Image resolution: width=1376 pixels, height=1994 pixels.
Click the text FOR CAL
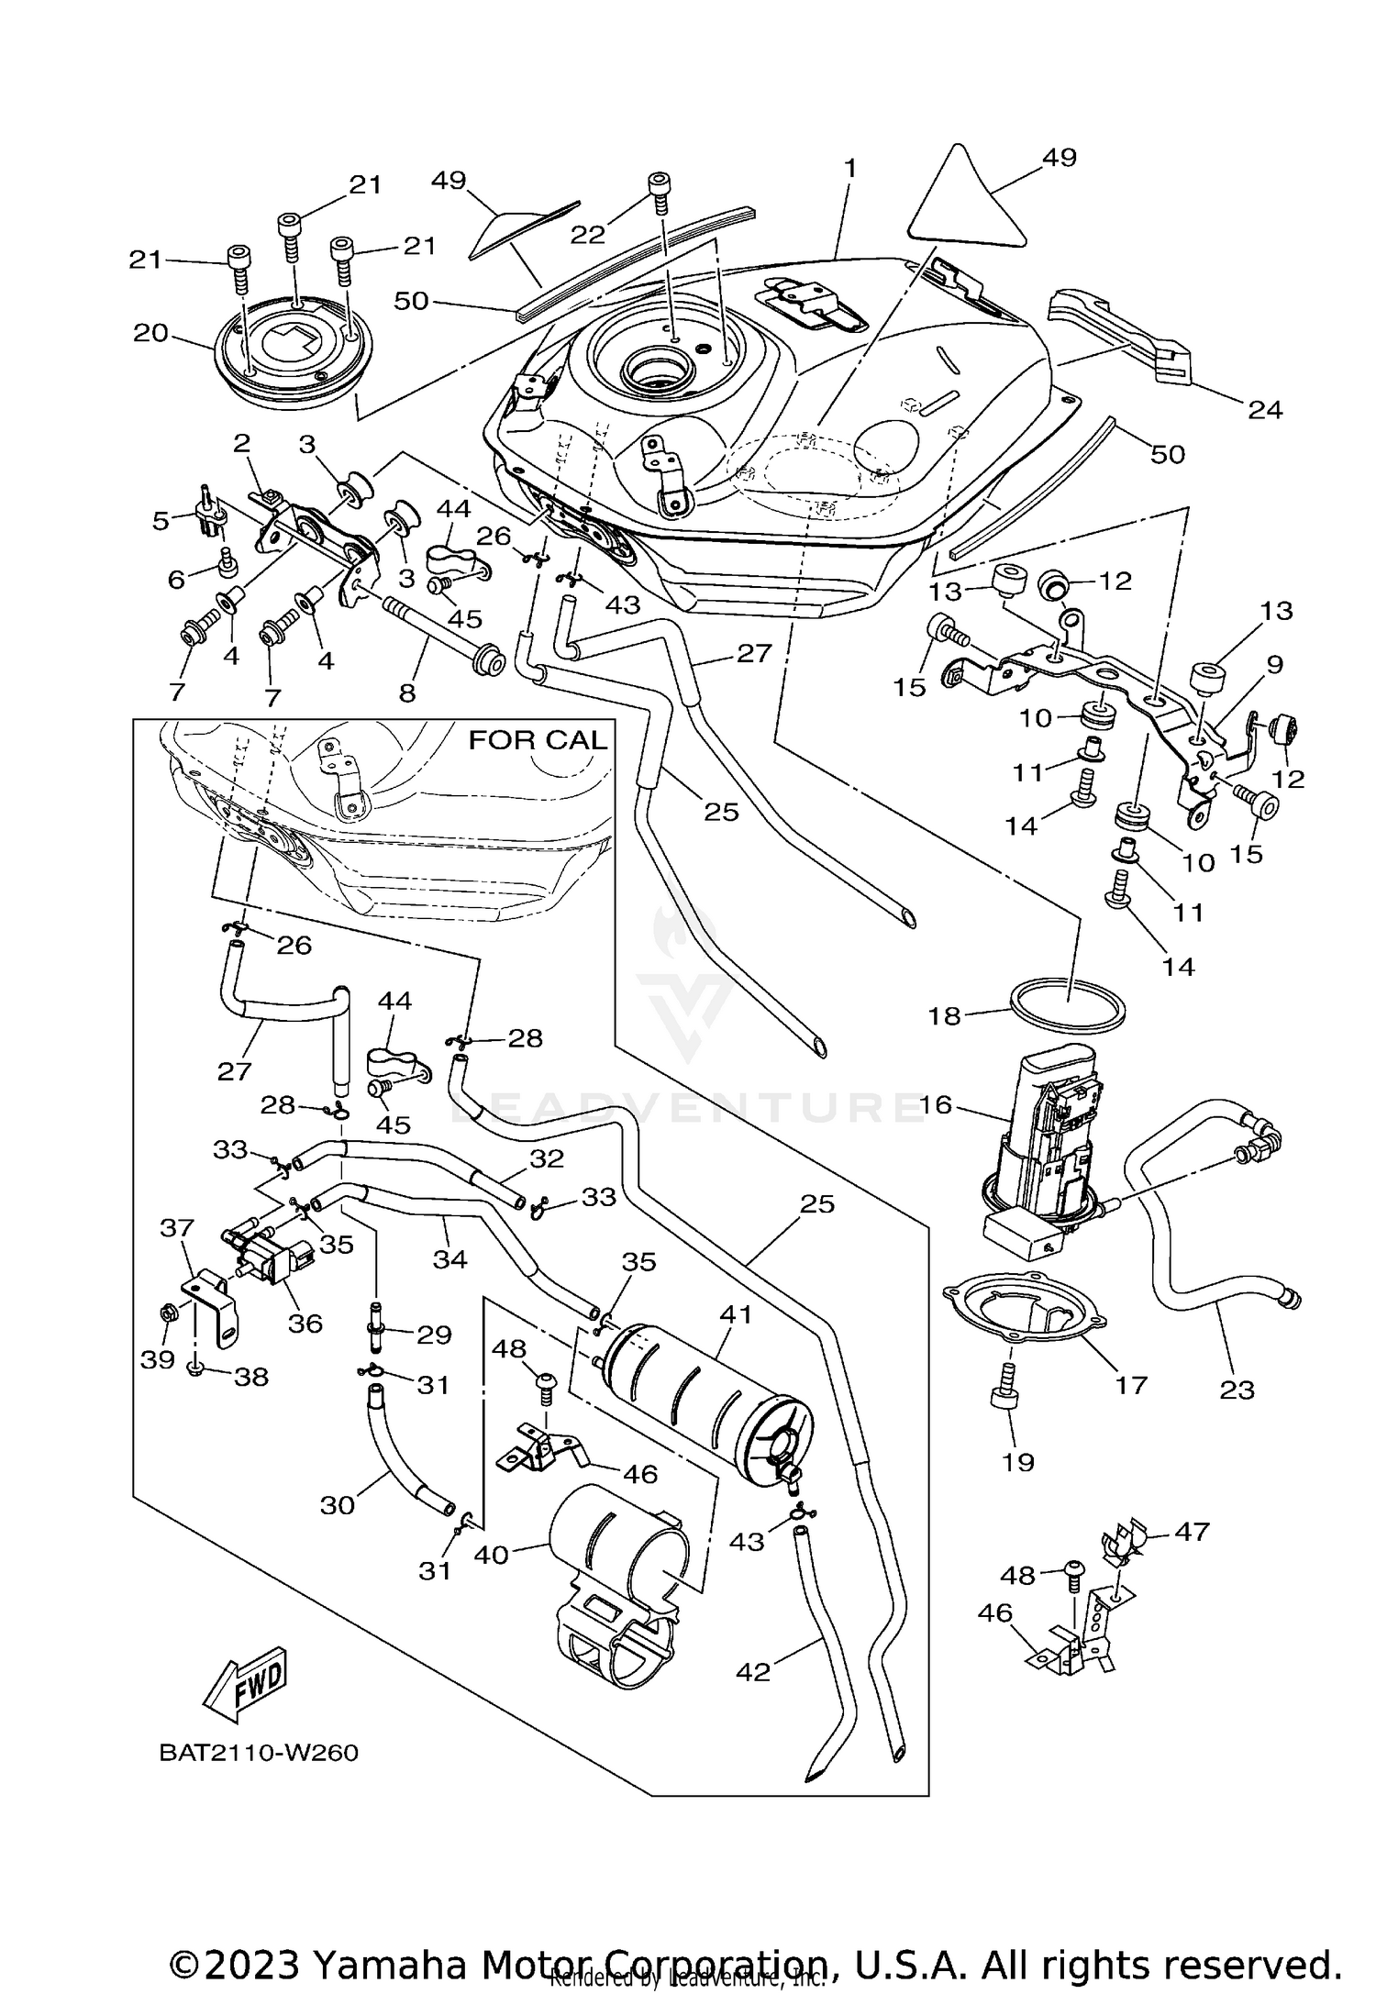pyautogui.click(x=538, y=740)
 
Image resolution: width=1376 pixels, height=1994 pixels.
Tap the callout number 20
pyautogui.click(x=150, y=332)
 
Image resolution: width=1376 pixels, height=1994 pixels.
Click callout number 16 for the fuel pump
pyautogui.click(x=936, y=1104)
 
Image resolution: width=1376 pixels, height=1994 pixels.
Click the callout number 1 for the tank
pyautogui.click(x=850, y=168)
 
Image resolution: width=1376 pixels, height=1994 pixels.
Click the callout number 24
pyautogui.click(x=1265, y=409)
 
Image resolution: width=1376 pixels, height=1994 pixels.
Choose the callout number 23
pyautogui.click(x=1237, y=1390)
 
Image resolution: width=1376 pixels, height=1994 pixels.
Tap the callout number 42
pyautogui.click(x=753, y=1672)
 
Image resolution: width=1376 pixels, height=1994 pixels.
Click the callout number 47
pyautogui.click(x=1192, y=1531)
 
